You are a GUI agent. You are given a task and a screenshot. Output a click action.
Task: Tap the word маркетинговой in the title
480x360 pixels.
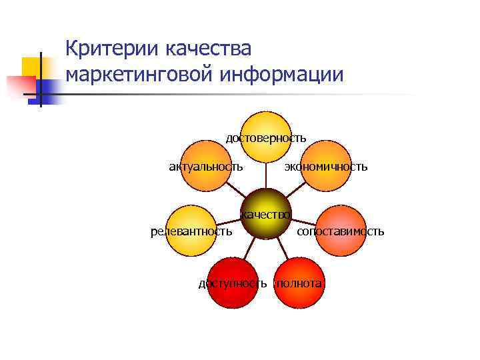coord(137,75)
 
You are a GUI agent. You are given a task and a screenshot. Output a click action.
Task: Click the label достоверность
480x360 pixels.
coord(266,138)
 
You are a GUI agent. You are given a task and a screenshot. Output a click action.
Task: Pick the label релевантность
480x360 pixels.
coord(191,231)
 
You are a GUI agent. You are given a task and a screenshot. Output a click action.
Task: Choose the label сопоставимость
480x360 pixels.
coord(341,231)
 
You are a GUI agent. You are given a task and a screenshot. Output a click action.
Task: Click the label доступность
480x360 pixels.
coord(233,283)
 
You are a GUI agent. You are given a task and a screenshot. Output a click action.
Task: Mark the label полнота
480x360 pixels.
coord(300,283)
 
